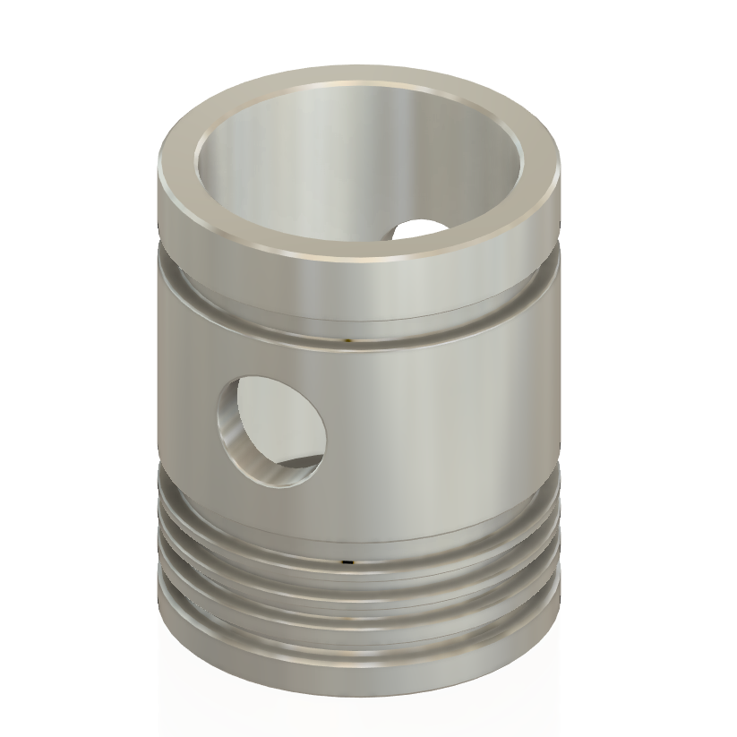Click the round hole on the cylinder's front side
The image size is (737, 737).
(270, 429)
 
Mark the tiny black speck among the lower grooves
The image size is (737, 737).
(346, 563)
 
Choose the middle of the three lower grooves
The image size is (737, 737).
(358, 587)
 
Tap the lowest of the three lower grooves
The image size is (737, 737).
(358, 627)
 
